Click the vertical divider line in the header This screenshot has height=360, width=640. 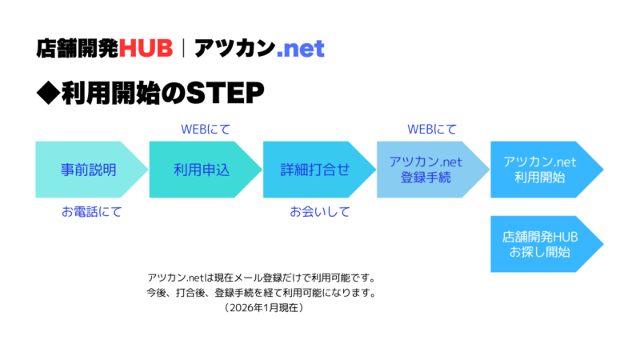184,49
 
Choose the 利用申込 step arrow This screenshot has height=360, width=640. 202,170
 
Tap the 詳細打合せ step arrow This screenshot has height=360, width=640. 316,170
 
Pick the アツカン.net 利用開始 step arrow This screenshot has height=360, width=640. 543,170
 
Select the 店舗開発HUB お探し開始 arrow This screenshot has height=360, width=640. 543,244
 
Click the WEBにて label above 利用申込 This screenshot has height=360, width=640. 206,129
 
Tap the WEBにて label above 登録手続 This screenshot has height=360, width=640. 432,129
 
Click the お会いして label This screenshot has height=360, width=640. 319,212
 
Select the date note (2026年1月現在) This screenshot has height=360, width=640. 262,308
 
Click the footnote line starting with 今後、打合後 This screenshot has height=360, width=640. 261,293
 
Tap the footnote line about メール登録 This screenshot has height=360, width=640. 261,278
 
